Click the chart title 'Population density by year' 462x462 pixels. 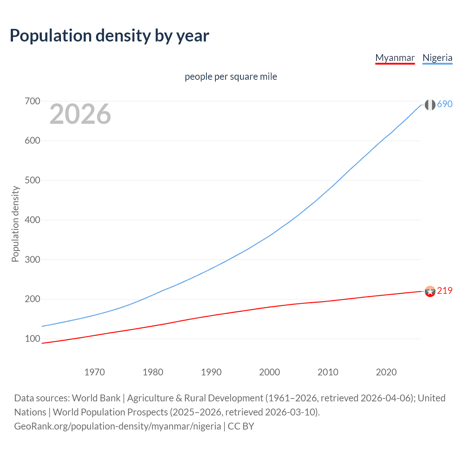109,36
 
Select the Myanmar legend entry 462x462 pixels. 395,58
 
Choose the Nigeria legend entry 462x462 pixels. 437,58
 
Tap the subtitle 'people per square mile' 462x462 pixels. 231,77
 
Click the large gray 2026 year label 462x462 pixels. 80,114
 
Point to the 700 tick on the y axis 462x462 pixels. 32,101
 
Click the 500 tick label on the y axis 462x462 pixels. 32,180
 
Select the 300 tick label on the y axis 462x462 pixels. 32,260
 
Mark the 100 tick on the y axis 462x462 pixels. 32,339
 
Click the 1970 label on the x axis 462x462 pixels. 95,372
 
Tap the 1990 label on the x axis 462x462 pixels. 211,372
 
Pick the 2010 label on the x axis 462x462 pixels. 328,372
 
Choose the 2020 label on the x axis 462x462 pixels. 386,372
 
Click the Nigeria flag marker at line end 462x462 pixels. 430,105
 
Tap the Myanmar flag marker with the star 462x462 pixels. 430,291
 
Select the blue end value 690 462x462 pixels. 445,104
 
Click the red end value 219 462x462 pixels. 445,291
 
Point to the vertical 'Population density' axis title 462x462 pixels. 15,224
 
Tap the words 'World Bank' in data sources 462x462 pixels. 96,398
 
